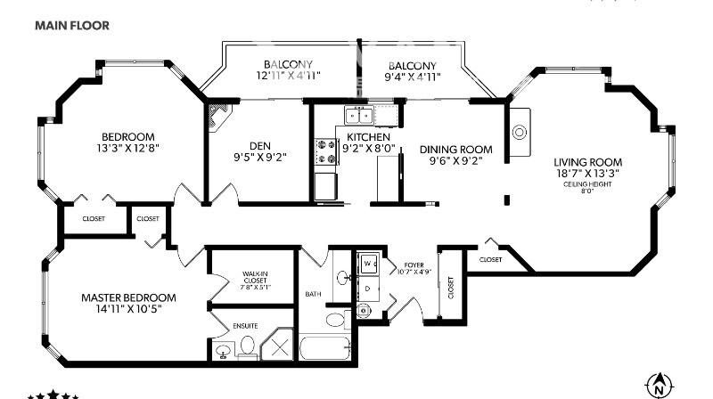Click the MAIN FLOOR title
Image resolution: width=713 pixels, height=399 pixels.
coord(72,26)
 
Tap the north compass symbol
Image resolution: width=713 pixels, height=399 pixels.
coord(660,386)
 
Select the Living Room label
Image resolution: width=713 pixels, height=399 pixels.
coord(587,162)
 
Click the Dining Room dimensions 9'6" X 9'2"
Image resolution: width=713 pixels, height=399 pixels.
coord(455,160)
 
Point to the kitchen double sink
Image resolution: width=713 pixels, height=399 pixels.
coord(359,115)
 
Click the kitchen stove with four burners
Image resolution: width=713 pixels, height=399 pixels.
coord(327,151)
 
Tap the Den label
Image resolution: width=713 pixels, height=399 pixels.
coord(260,146)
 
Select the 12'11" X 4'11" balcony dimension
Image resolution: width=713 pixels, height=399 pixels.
coord(288,76)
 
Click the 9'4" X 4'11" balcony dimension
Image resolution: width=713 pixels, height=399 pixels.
coord(413,77)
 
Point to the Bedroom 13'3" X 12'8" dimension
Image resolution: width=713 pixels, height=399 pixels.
coord(127,148)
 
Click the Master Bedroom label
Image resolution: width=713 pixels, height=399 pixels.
coord(128,297)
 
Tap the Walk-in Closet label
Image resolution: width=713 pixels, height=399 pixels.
coord(255,277)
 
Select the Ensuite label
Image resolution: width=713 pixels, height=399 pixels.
coord(245,326)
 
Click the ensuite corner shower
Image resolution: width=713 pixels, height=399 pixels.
coord(278,345)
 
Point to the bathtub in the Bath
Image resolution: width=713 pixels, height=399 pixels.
coord(325,348)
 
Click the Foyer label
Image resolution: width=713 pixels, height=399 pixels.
coord(414,265)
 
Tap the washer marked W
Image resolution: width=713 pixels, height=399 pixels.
coord(369,264)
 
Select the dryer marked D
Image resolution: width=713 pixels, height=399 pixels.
coord(369,288)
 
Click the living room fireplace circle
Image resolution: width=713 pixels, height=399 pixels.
coord(520,132)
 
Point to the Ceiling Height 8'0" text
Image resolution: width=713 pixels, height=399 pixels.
coord(587,187)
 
